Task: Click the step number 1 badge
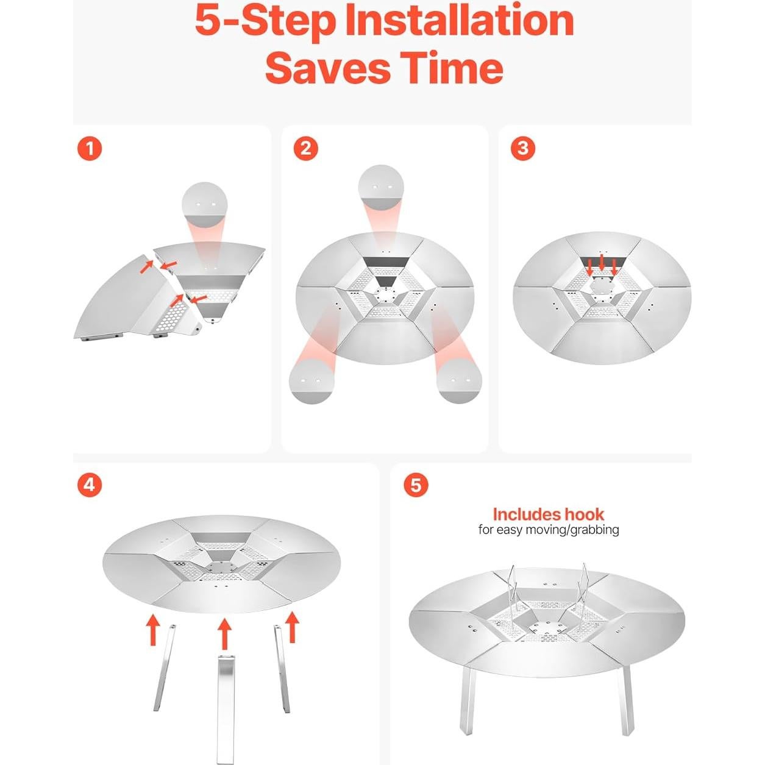(90, 149)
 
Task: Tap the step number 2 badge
(305, 149)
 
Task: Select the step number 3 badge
(523, 148)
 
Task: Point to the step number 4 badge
(90, 485)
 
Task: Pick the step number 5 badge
(416, 485)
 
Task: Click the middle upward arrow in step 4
(224, 634)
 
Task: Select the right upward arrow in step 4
(293, 627)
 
